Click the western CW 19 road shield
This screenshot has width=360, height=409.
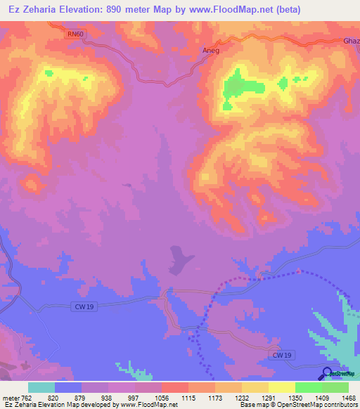click(84, 306)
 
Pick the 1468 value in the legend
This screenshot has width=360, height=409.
click(341, 397)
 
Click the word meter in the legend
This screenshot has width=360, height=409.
click(9, 397)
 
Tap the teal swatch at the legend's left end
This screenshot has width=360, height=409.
click(41, 387)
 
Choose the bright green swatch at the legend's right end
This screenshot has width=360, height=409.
click(335, 387)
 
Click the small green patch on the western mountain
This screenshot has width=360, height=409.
click(49, 72)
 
